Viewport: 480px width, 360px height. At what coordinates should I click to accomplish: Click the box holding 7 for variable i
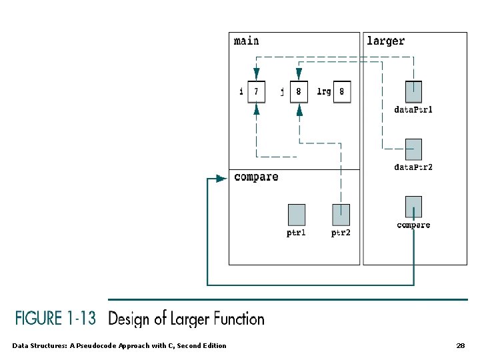[x=257, y=91]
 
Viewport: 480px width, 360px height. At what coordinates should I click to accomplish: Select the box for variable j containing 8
[x=299, y=91]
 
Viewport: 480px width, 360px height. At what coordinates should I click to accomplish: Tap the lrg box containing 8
[x=342, y=91]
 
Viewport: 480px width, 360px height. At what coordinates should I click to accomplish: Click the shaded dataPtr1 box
[x=413, y=92]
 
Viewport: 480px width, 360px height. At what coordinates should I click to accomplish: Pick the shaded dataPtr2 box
[x=413, y=149]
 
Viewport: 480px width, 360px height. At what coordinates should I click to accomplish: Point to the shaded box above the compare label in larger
[x=413, y=207]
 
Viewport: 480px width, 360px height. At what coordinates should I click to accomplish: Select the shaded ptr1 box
[x=297, y=215]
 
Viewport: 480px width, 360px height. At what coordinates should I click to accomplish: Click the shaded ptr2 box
[x=341, y=215]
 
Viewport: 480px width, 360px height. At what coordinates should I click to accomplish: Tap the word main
[x=246, y=41]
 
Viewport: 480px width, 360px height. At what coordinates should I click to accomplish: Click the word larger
[x=386, y=41]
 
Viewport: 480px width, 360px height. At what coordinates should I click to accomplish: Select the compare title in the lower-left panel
[x=256, y=177]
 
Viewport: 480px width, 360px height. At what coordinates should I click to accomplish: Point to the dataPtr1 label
[x=413, y=109]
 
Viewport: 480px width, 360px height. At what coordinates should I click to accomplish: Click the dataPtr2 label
[x=413, y=167]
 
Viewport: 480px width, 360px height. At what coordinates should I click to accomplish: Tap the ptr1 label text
[x=296, y=233]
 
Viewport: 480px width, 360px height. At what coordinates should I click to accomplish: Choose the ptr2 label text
[x=341, y=233]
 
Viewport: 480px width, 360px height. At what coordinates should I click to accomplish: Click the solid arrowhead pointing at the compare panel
[x=221, y=179]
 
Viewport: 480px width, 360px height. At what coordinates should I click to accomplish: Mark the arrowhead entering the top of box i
[x=257, y=74]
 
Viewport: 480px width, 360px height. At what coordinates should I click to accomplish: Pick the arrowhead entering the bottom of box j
[x=299, y=109]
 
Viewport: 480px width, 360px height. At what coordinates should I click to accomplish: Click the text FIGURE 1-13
[x=55, y=318]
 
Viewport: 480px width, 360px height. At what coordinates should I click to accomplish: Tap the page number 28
[x=461, y=346]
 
